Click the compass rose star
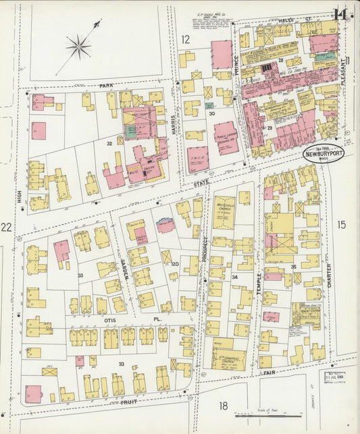click(x=78, y=46)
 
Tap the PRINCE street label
click(x=237, y=63)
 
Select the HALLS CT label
click(x=290, y=22)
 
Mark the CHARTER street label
click(x=330, y=275)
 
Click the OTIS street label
click(x=102, y=320)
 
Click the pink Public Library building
click(x=226, y=137)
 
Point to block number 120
click(x=174, y=265)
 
